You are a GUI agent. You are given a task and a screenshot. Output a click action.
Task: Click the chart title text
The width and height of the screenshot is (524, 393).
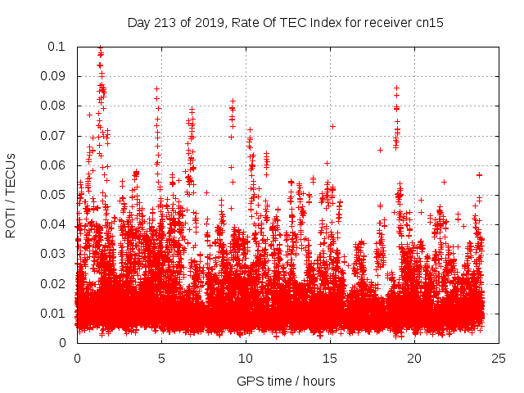pyautogui.click(x=286, y=22)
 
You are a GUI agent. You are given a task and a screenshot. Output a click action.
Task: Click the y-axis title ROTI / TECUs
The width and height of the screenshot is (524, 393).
pyautogui.click(x=11, y=194)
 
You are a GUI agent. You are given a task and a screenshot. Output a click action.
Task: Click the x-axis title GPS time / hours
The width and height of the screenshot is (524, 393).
pyautogui.click(x=286, y=381)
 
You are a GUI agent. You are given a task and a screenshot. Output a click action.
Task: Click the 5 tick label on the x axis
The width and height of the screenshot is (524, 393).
pyautogui.click(x=161, y=358)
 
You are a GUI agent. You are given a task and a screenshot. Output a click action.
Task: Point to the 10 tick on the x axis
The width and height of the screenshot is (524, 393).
pyautogui.click(x=245, y=358)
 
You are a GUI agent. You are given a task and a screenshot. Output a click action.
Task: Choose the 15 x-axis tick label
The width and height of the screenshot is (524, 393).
pyautogui.click(x=329, y=358)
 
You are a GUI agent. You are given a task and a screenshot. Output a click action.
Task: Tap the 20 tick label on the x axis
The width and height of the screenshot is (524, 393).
pyautogui.click(x=413, y=358)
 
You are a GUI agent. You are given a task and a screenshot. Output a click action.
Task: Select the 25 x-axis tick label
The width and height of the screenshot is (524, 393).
pyautogui.click(x=498, y=358)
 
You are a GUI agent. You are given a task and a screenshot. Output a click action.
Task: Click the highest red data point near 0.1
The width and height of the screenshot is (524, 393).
pyautogui.click(x=100, y=48)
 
